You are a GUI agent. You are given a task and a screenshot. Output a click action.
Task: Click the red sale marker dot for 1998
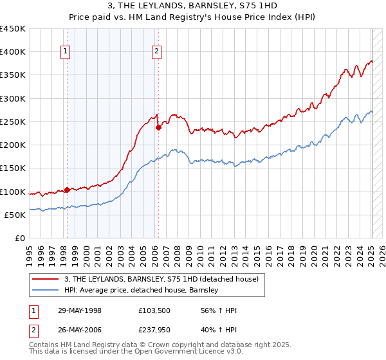tap(67, 190)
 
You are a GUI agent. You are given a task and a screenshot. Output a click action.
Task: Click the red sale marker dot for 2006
tap(158, 127)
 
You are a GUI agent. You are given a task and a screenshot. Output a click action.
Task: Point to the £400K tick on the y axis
tap(13, 52)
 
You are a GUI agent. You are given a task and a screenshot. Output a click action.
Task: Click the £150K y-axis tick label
tap(13, 168)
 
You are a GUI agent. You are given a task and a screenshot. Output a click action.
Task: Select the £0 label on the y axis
tap(19, 239)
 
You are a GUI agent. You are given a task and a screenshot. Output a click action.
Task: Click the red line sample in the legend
tap(46, 279)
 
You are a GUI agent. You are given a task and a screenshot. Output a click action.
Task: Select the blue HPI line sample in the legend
tap(46, 291)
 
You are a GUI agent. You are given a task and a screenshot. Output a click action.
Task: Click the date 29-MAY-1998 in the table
tap(77, 310)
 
